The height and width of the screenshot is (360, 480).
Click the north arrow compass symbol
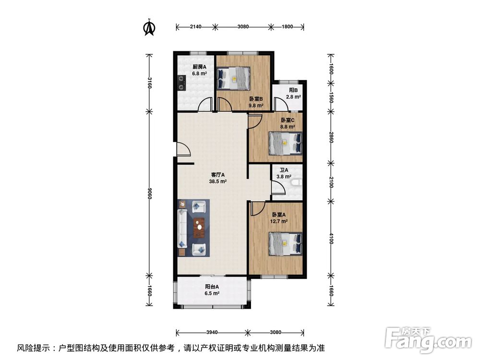pos(150,28)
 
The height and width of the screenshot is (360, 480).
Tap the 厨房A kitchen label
pos(199,67)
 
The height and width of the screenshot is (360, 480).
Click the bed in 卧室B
pos(234,78)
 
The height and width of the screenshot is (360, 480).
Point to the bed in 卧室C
pos(286,143)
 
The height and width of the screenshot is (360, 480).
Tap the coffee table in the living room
pos(199,228)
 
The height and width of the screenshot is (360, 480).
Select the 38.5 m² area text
pos(218,182)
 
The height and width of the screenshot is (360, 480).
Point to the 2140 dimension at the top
pos(195,27)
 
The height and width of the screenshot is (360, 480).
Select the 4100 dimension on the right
pos(331,239)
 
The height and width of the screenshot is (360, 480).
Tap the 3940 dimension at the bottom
pos(212,332)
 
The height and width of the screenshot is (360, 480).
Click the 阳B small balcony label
pos(293,90)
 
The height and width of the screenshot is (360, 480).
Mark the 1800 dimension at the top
pos(287,27)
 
